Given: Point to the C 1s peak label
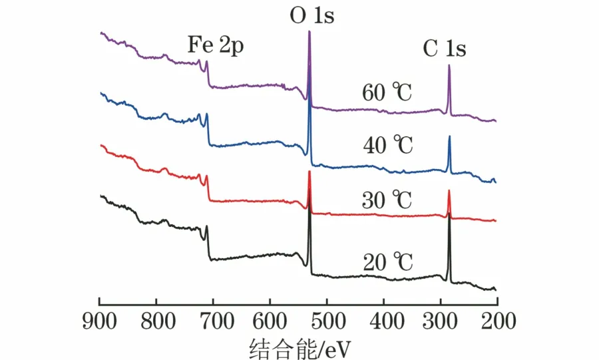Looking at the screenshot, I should (x=445, y=49).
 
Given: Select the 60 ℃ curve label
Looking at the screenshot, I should (x=388, y=92).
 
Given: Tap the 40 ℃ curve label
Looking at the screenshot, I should (x=388, y=144).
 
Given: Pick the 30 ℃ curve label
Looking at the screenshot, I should (x=388, y=199).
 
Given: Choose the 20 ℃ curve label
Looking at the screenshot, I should (x=388, y=263).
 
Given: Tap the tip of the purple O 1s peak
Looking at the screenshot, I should (x=309, y=32).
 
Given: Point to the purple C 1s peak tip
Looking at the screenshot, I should (x=449, y=65).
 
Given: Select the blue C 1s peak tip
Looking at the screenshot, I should (x=449, y=136).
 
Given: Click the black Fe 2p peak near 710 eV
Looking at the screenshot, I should (x=207, y=227).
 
